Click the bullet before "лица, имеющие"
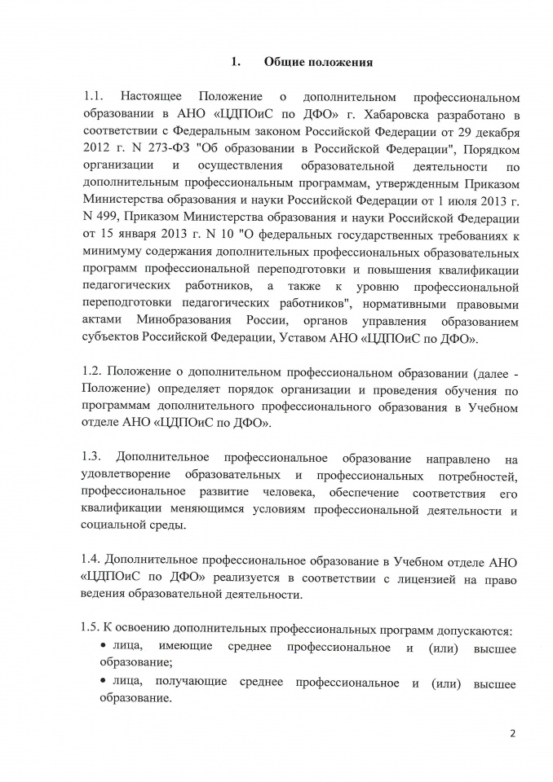[x=104, y=649]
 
